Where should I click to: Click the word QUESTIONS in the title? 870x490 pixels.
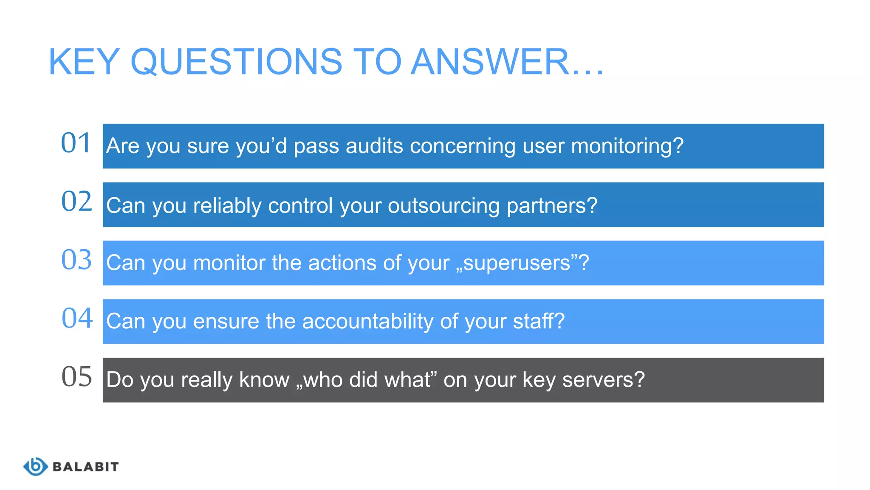click(x=236, y=62)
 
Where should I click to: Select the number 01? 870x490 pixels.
click(x=76, y=143)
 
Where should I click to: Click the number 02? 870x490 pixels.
click(x=76, y=202)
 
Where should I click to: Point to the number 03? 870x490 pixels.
click(x=76, y=260)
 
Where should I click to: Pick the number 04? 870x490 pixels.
click(x=77, y=318)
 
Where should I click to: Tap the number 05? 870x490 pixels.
click(x=76, y=377)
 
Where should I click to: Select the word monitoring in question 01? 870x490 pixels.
click(x=622, y=147)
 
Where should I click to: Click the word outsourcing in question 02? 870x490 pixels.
click(x=443, y=206)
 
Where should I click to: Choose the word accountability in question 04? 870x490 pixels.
click(x=367, y=322)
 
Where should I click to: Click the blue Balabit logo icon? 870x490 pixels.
click(x=35, y=467)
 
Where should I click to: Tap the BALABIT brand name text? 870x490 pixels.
click(x=85, y=467)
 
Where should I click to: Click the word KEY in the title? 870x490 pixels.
click(x=84, y=62)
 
